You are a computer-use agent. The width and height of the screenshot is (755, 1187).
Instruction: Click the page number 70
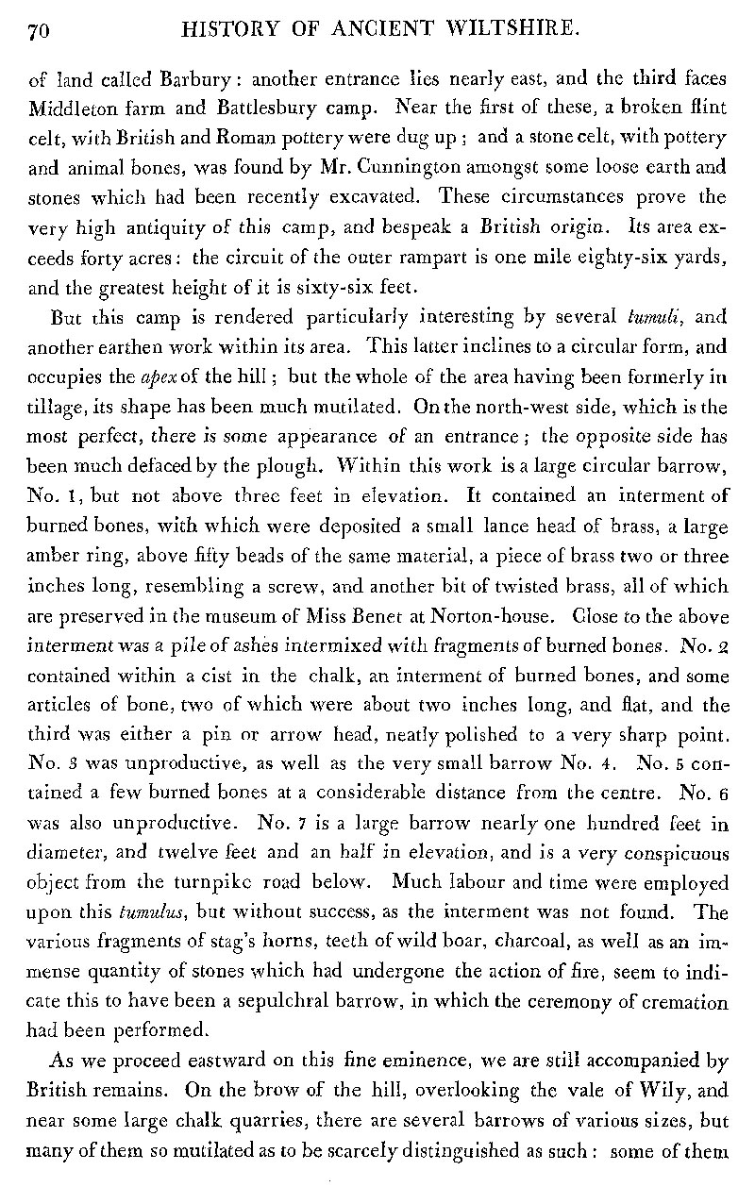[x=39, y=33]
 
